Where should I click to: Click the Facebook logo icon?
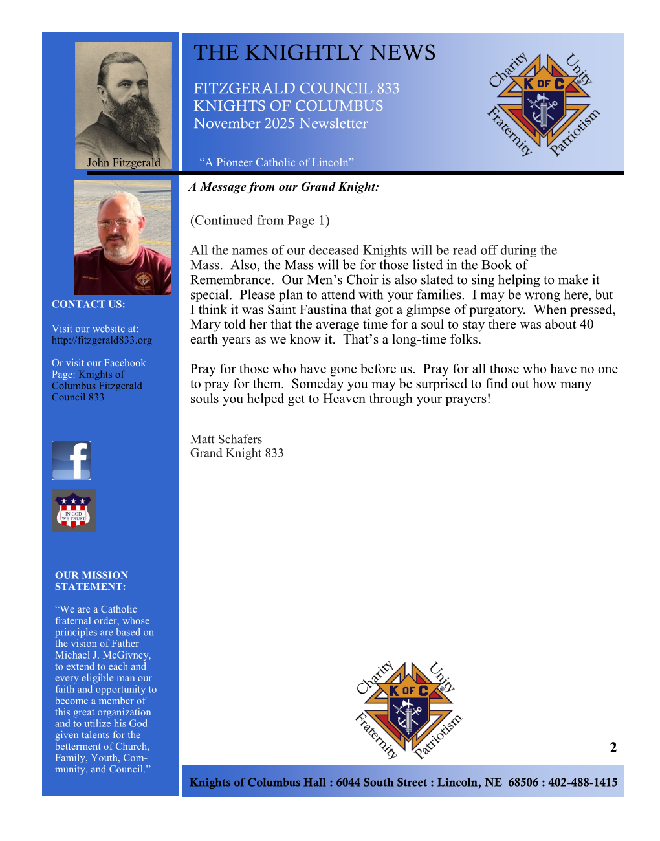(x=71, y=460)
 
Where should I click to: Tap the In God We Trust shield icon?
(x=73, y=510)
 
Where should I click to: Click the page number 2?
(x=613, y=748)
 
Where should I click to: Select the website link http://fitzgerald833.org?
(x=102, y=340)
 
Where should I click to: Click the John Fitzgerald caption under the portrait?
(x=124, y=163)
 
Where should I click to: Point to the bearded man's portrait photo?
(x=123, y=97)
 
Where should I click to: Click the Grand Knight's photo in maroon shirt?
(x=122, y=237)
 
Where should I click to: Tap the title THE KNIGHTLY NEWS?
(x=314, y=53)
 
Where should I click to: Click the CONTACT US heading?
(x=89, y=304)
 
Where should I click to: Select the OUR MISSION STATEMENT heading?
(x=91, y=581)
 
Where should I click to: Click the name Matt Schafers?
(x=226, y=439)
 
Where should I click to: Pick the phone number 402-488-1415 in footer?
(x=583, y=783)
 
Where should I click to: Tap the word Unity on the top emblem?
(x=578, y=70)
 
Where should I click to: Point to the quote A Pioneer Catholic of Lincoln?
(x=276, y=163)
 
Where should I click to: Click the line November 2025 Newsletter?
(x=280, y=124)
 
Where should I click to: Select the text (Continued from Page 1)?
(x=259, y=221)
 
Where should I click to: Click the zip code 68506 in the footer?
(x=523, y=783)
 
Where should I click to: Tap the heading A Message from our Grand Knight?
(x=284, y=187)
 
